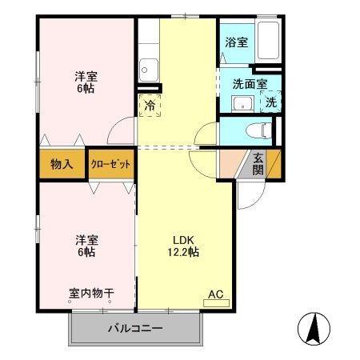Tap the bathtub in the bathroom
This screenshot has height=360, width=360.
pyautogui.click(x=266, y=42)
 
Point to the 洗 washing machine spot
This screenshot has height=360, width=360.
pyautogui.click(x=270, y=102)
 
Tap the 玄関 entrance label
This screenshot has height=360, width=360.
pyautogui.click(x=258, y=163)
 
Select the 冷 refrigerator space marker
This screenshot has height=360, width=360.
pyautogui.click(x=150, y=104)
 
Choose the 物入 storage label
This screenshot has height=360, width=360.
pyautogui.click(x=62, y=165)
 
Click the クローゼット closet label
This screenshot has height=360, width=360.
pyautogui.click(x=111, y=164)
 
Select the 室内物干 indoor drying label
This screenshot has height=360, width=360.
pyautogui.click(x=90, y=294)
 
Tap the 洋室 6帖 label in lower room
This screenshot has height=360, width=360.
pyautogui.click(x=87, y=246)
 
